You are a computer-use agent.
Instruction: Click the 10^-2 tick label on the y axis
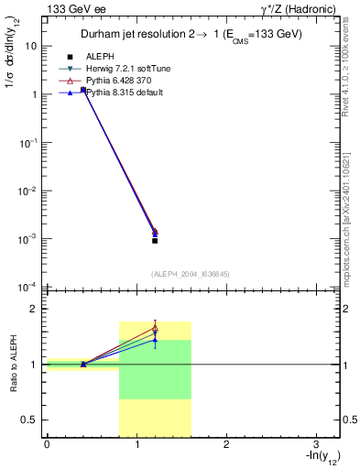27,191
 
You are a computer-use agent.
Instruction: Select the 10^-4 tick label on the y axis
27,288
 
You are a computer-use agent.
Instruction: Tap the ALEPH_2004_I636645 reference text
191,273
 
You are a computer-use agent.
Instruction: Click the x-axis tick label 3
315,444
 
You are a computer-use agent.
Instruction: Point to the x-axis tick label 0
47,444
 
